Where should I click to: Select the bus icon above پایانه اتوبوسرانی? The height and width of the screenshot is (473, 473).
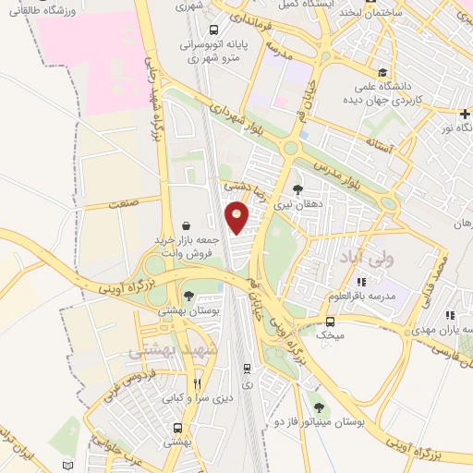(x=214, y=29)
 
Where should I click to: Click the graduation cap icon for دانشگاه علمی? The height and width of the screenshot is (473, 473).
(x=382, y=72)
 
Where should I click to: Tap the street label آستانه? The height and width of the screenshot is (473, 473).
(x=379, y=146)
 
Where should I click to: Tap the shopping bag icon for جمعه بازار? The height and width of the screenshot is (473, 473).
(x=188, y=224)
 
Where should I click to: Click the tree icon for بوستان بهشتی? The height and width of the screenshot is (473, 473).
(x=189, y=297)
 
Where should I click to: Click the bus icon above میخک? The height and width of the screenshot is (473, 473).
(x=330, y=321)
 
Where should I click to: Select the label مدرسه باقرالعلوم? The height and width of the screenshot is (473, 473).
(x=362, y=297)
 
